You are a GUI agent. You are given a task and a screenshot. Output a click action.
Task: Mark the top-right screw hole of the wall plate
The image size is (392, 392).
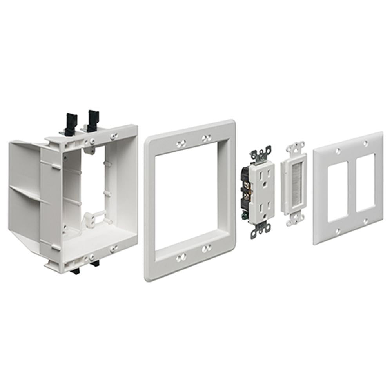click(x=365, y=144)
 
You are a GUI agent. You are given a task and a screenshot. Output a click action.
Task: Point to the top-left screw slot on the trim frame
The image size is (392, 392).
click(x=180, y=144)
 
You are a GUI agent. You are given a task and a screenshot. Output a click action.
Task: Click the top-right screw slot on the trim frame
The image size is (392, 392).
click(x=206, y=138)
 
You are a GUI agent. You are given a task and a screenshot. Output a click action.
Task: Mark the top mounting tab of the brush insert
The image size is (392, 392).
click(x=295, y=148)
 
